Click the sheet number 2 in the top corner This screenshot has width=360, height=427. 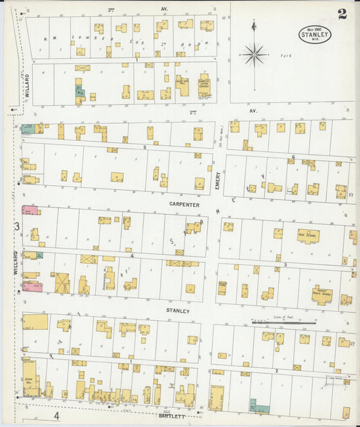(342, 15)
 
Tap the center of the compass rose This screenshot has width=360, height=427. (254, 54)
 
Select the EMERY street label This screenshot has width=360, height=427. (217, 179)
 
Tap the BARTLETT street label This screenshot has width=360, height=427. (171, 417)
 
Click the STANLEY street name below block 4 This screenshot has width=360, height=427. (178, 311)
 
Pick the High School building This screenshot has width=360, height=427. (308, 236)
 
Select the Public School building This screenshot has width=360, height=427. (322, 295)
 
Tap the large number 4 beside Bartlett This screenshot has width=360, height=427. (57, 417)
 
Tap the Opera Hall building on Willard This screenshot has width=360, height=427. (30, 378)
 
